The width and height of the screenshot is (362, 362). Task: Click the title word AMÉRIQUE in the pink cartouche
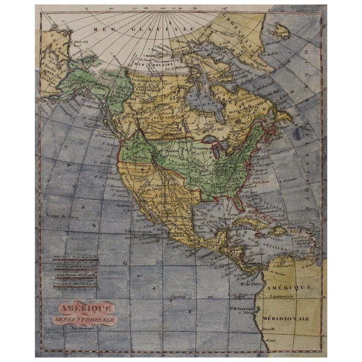tap(85, 309)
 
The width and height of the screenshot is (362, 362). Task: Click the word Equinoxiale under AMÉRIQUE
tap(281, 296)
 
